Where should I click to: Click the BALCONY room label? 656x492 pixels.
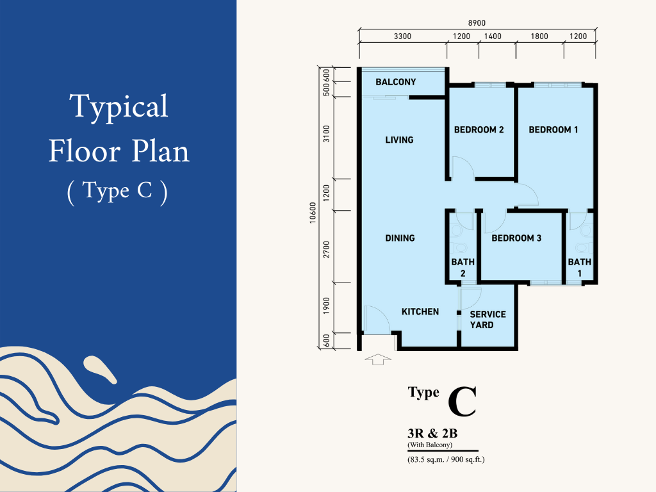(395, 82)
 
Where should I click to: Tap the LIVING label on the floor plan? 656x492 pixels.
(399, 140)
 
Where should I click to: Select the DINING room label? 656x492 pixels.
(400, 238)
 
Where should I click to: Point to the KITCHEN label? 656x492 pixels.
(420, 312)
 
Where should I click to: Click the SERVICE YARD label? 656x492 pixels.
(488, 320)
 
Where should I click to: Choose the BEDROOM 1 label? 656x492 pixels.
(553, 129)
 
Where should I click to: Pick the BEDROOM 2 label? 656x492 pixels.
(479, 129)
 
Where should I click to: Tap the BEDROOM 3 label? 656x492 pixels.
(516, 238)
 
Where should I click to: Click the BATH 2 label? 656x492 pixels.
(463, 268)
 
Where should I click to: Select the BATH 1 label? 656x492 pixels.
(579, 268)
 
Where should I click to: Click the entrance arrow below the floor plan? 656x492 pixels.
(378, 359)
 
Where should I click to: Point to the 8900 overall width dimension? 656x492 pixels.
(477, 23)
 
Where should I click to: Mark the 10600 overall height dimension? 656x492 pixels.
(313, 213)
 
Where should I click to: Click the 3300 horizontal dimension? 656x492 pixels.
(402, 37)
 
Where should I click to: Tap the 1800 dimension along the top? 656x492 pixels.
(539, 37)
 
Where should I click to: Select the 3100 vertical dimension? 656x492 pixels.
(326, 134)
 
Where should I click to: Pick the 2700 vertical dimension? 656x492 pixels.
(326, 249)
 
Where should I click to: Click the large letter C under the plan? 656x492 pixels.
(462, 402)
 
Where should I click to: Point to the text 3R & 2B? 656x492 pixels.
(432, 434)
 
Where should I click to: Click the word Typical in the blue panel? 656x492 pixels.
(119, 107)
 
